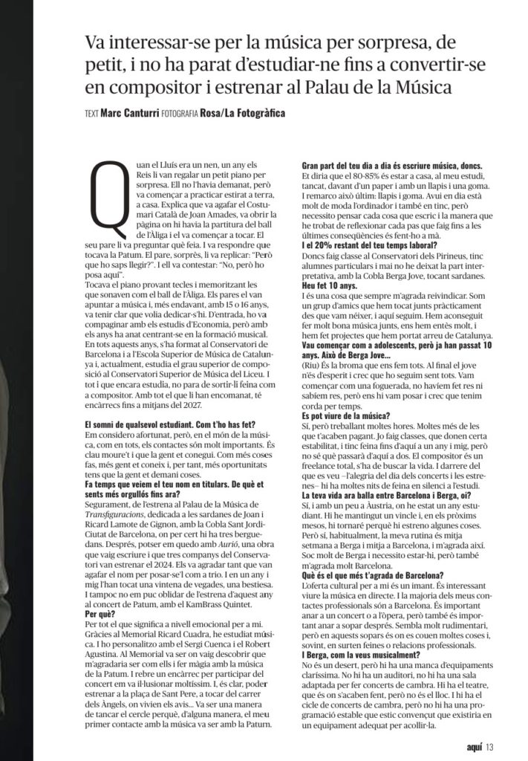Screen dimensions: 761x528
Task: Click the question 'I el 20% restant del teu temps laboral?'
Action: (x=369, y=243)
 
